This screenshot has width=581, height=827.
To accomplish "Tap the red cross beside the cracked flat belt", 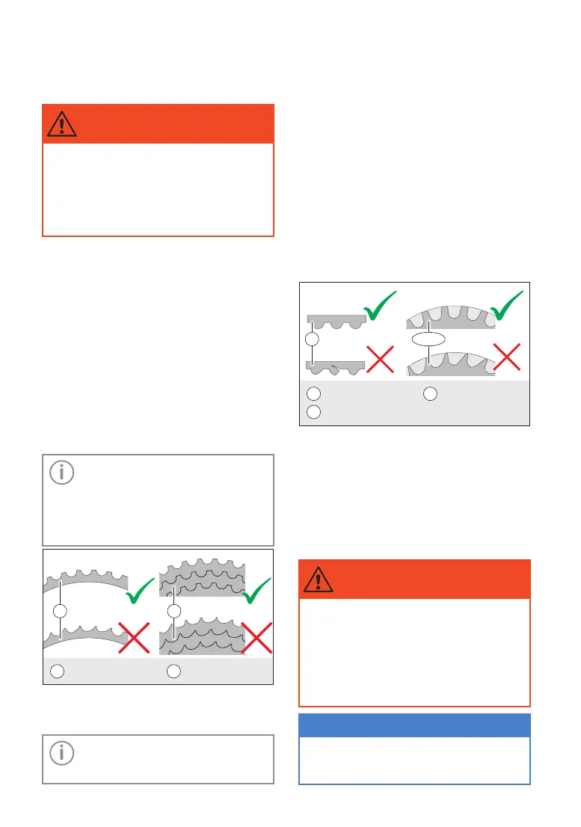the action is coord(379,361).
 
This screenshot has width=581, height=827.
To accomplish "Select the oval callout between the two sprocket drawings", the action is coord(428,339).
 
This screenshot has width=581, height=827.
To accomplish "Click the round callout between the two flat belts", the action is coord(313,339).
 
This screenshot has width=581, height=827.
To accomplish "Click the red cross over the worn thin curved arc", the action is coord(133,639).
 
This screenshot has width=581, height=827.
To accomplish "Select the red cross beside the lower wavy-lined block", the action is coord(256,641).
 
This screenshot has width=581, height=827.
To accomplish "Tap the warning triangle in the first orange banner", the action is coord(61,124).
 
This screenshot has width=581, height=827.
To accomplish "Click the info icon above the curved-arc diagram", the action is coord(61,473).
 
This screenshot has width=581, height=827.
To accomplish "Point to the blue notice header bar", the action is coord(414,725).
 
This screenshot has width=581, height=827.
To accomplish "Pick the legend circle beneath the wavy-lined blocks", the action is coord(173,671).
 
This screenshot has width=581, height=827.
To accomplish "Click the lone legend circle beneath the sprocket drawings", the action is coord(430,393).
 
